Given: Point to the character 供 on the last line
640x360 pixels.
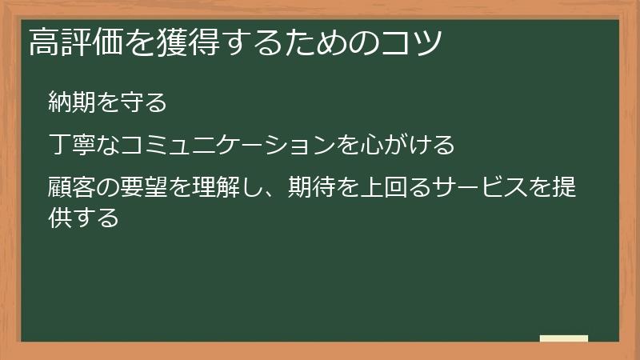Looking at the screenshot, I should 61,216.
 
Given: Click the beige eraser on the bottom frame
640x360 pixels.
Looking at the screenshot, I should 563,338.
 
